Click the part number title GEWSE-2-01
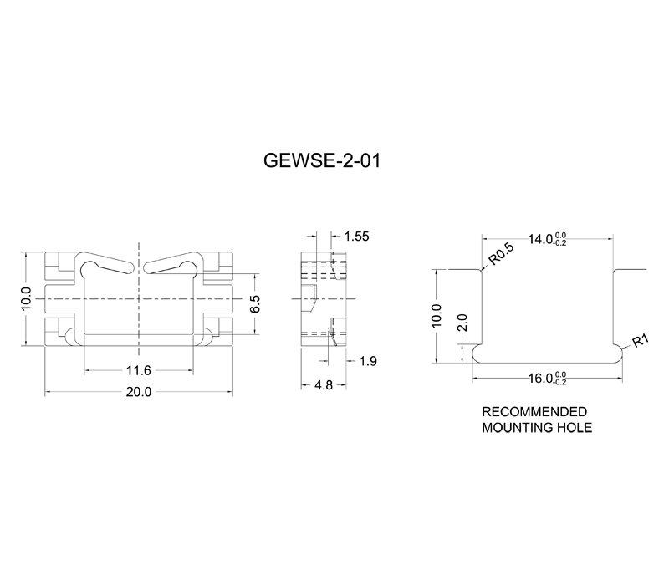322,161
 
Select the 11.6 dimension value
139,370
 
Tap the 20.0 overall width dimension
139,391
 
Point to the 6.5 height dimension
255,303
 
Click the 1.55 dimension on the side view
357,237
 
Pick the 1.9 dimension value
368,361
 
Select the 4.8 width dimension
324,385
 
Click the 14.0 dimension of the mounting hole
540,239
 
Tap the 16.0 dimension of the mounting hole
540,379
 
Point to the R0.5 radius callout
501,254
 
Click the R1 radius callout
641,341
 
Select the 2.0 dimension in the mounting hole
462,323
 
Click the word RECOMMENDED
534,412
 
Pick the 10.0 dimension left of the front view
26,299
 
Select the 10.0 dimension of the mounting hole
437,316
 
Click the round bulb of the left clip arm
90,268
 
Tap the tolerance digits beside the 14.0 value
560,239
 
